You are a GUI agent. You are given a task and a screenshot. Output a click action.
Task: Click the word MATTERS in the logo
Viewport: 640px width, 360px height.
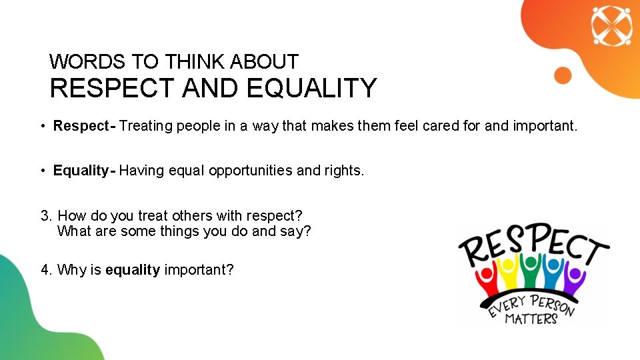pos(531,318)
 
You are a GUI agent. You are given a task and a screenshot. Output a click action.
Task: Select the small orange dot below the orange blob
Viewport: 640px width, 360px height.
pos(563,75)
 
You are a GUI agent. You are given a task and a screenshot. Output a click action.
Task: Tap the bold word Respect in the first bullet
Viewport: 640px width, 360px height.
pos(81,126)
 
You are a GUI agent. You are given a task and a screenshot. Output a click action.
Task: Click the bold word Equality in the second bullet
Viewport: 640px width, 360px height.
pos(81,171)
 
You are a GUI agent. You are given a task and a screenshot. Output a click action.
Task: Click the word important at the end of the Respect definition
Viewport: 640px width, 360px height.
pos(545,126)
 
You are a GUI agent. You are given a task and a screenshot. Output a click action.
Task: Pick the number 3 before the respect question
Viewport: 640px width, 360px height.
pos(45,216)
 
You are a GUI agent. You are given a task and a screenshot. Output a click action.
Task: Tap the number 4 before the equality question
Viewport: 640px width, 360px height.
pos(45,270)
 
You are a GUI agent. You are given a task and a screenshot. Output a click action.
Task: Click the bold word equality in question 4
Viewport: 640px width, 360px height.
pos(133,270)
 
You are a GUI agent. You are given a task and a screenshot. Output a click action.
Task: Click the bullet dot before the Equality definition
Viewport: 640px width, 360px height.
pos(41,171)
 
